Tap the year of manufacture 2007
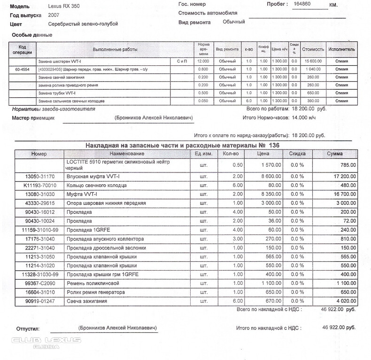(x=54, y=15)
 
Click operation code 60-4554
(x=22, y=69)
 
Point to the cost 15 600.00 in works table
(x=313, y=61)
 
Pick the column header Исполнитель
(x=342, y=49)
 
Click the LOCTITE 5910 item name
(x=117, y=164)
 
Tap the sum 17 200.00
(x=341, y=176)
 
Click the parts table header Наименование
(x=126, y=154)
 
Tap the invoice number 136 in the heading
(x=274, y=145)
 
